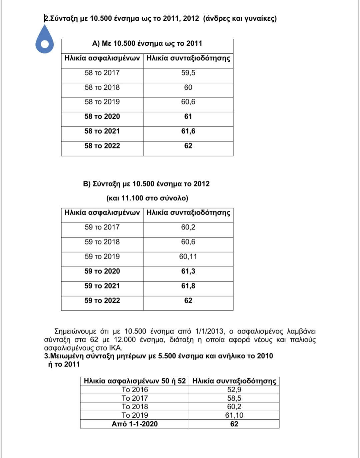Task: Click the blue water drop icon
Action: (x=44, y=40)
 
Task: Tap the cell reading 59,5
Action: (x=188, y=73)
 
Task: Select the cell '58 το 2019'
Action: (x=102, y=102)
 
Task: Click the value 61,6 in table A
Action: (x=188, y=131)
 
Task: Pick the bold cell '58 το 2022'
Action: (x=102, y=146)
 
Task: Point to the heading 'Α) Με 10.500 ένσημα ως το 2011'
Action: (x=147, y=43)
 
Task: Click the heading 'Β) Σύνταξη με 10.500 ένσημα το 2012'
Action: (x=146, y=184)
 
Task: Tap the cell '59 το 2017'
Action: (x=102, y=227)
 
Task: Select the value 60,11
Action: (x=188, y=257)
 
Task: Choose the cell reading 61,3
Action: (x=188, y=271)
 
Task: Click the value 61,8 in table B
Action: (x=188, y=286)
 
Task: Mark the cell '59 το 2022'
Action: (x=102, y=301)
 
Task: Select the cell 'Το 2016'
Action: (x=135, y=390)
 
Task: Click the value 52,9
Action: (x=234, y=390)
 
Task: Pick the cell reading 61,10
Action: (x=234, y=415)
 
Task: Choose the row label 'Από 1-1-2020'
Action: (x=135, y=424)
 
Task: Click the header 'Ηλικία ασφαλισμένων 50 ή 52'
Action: (x=135, y=381)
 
